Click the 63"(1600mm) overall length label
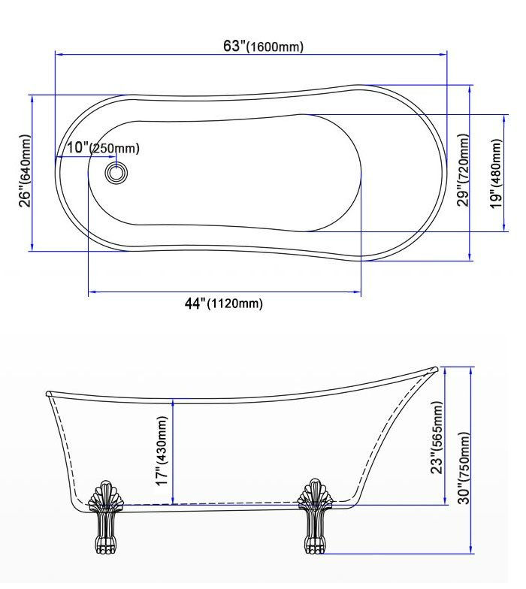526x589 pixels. [x=263, y=47]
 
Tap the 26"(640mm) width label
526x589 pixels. [x=25, y=171]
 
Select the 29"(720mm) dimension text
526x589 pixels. [x=463, y=170]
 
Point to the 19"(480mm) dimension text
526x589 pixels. [x=496, y=174]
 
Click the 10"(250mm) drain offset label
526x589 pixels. [x=104, y=147]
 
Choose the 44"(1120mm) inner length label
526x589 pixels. [x=224, y=304]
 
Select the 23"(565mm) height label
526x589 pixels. [x=437, y=437]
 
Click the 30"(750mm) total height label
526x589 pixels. [x=464, y=468]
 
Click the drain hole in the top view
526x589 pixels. [x=116, y=173]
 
